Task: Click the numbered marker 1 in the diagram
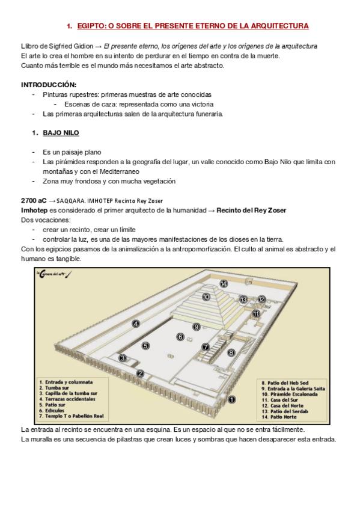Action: click(x=233, y=398)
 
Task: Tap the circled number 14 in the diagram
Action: click(x=224, y=283)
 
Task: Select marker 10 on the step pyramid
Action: click(x=206, y=296)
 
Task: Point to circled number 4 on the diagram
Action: click(x=136, y=324)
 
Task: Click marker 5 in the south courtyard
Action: click(x=145, y=346)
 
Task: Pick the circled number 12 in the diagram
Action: click(x=261, y=299)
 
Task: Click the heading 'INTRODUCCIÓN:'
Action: click(x=49, y=85)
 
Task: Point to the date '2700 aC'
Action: click(x=34, y=200)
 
